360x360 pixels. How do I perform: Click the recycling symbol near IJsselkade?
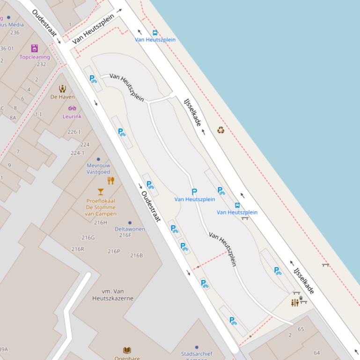coord(220,130)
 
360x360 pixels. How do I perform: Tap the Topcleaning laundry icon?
coord(35,48)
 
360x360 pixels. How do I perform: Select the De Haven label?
coord(62,97)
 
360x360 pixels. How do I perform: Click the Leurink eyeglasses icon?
coord(72,108)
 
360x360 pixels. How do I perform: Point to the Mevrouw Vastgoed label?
coord(98,169)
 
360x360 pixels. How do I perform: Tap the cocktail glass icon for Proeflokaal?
coord(100,192)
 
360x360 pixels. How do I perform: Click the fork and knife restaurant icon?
coord(111,180)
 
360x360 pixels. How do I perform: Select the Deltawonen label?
coord(130,229)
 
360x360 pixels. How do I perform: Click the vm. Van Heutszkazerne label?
coord(113,295)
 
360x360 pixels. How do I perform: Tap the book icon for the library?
coord(127,350)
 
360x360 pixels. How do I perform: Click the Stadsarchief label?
coord(197,354)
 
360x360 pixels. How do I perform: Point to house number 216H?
coord(101,223)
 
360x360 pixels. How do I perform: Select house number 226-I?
coord(74,132)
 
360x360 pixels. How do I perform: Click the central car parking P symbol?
coord(194,192)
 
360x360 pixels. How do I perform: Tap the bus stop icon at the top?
coord(155,33)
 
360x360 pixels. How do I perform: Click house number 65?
coord(301,329)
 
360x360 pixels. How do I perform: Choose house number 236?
coord(15,33)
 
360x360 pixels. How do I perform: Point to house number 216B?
coord(137,255)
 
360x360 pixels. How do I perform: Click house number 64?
coord(317,353)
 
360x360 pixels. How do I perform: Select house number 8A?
coord(13,118)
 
